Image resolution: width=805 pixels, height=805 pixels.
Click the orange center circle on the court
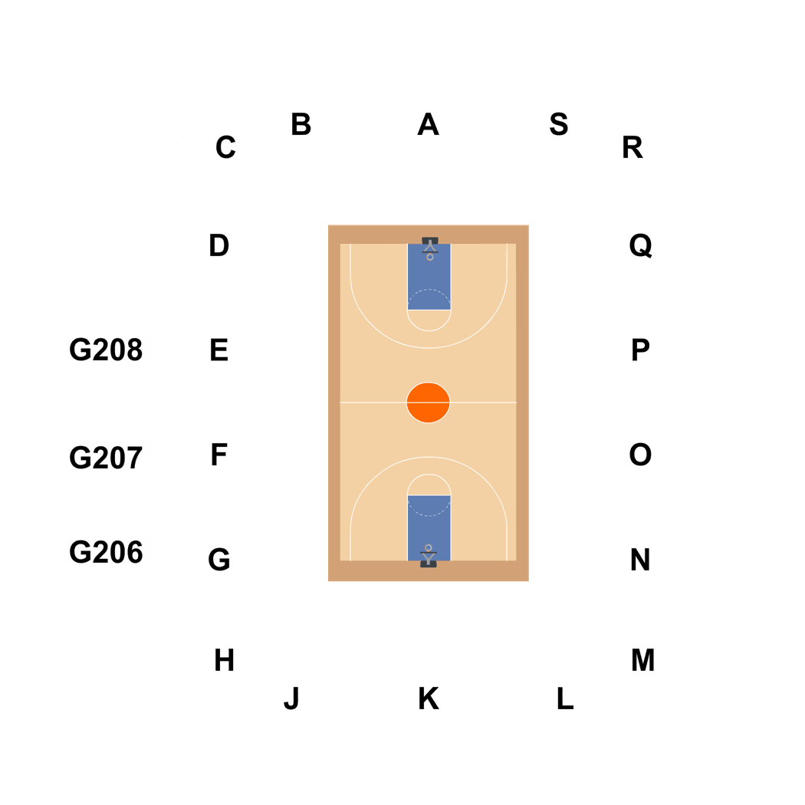pyautogui.click(x=428, y=402)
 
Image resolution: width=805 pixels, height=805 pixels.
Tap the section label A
pyautogui.click(x=428, y=124)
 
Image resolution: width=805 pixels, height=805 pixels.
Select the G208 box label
pyautogui.click(x=106, y=350)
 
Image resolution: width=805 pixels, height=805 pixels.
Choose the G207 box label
pyautogui.click(x=106, y=458)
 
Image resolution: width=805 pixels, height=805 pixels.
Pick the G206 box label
pyautogui.click(x=106, y=552)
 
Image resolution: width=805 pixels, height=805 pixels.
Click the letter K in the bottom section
pyautogui.click(x=428, y=698)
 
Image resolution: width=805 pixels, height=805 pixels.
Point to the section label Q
pyautogui.click(x=640, y=246)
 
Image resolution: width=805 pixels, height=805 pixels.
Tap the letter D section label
pyautogui.click(x=219, y=246)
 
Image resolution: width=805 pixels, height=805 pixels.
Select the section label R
pyautogui.click(x=632, y=147)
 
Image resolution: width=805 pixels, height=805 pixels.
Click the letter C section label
pyautogui.click(x=225, y=147)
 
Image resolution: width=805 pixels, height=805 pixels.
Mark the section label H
pyautogui.click(x=224, y=660)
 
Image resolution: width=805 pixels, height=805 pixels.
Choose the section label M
pyautogui.click(x=642, y=660)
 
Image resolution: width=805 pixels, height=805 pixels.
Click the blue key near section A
pyautogui.click(x=429, y=280)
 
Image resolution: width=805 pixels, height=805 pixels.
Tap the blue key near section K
pyautogui.click(x=429, y=525)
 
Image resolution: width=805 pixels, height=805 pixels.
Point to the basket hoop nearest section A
pyautogui.click(x=429, y=256)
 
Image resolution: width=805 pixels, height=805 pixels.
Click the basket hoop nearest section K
pyautogui.click(x=429, y=549)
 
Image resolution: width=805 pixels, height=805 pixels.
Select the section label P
pyautogui.click(x=640, y=350)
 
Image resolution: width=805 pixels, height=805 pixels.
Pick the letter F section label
pyautogui.click(x=219, y=455)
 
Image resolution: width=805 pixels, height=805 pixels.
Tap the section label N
pyautogui.click(x=640, y=560)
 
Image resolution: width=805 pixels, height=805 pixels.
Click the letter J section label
pyautogui.click(x=291, y=698)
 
